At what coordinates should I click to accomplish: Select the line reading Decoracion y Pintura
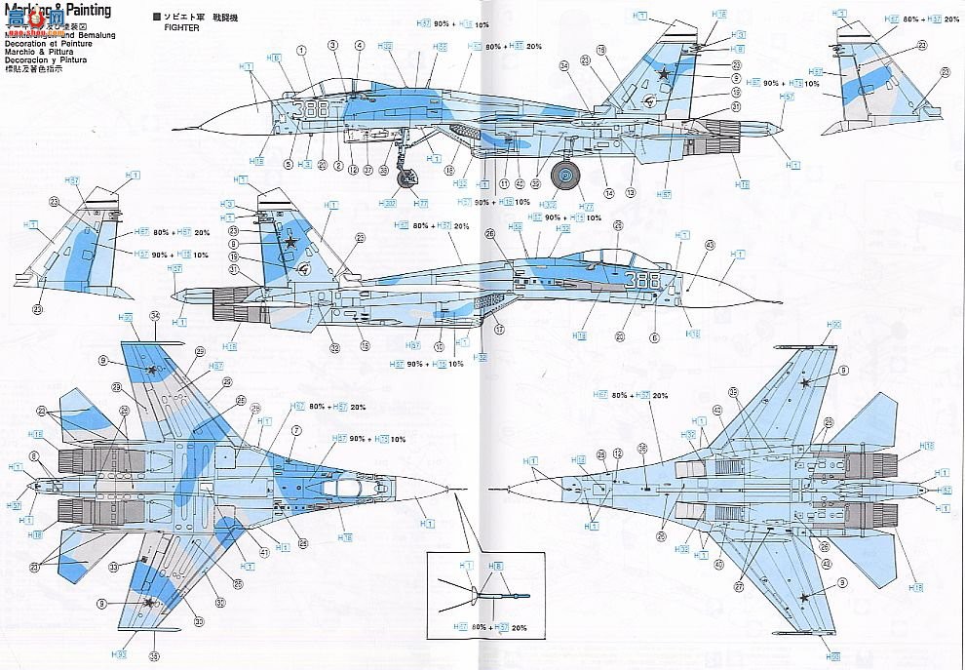[x=46, y=59]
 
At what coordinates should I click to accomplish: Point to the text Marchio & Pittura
[x=39, y=51]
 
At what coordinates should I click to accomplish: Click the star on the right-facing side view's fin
[x=289, y=240]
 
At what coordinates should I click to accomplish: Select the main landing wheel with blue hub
[x=565, y=176]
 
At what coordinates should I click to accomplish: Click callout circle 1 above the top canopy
[x=301, y=49]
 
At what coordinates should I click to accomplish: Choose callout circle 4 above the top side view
[x=359, y=45]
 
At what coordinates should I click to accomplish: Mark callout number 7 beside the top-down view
[x=295, y=430]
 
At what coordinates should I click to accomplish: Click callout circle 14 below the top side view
[x=608, y=193]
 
